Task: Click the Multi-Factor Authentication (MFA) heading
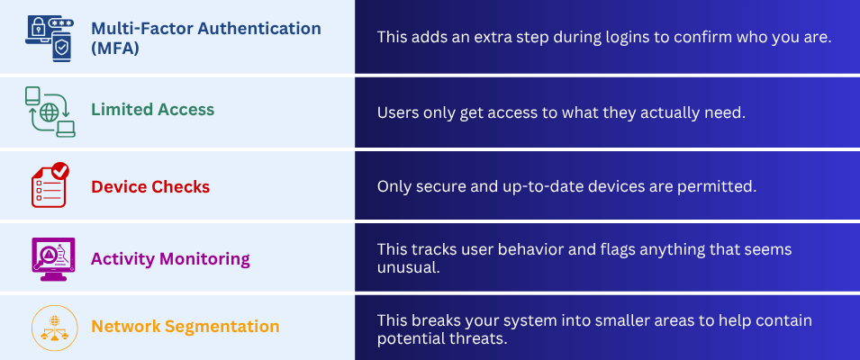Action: [x=205, y=37]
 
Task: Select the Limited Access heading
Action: [x=152, y=110]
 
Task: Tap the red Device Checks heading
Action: [x=149, y=187]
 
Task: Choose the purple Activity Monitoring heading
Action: [x=169, y=259]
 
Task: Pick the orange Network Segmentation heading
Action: [x=185, y=326]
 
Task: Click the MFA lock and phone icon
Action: [x=50, y=37]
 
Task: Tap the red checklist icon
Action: [x=50, y=186]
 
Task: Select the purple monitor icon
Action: [x=50, y=259]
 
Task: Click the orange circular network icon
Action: [x=50, y=328]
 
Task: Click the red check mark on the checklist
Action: [x=60, y=169]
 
